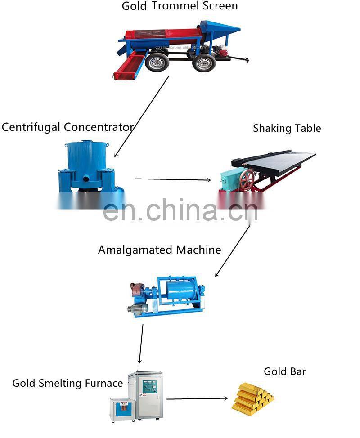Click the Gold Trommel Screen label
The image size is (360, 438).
pyautogui.click(x=180, y=6)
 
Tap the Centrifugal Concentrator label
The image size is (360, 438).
pyautogui.click(x=67, y=127)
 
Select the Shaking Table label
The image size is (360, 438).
pyautogui.click(x=287, y=128)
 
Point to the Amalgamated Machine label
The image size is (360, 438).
pyautogui.click(x=159, y=250)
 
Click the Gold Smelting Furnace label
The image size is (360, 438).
pyautogui.click(x=67, y=383)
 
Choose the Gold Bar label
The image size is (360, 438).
pyautogui.click(x=285, y=371)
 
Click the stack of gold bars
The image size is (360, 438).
pyautogui.click(x=252, y=398)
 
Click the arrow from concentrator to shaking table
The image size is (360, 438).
pyautogui.click(x=173, y=179)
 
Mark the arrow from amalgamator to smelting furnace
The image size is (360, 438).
pyautogui.click(x=141, y=344)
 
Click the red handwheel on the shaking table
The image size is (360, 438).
pyautogui.click(x=247, y=180)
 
